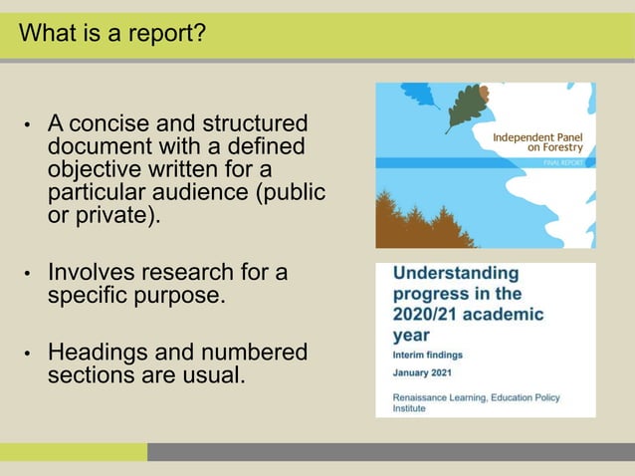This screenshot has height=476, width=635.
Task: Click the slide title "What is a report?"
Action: pyautogui.click(x=112, y=34)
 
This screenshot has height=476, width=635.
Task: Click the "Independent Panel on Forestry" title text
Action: pyautogui.click(x=537, y=140)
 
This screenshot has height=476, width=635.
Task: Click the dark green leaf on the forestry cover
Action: pyautogui.click(x=463, y=106)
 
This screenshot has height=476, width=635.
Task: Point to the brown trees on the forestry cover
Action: pyautogui.click(x=418, y=221)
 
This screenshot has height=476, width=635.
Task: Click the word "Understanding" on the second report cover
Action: pyautogui.click(x=456, y=273)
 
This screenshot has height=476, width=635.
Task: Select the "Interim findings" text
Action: pyautogui.click(x=427, y=355)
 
